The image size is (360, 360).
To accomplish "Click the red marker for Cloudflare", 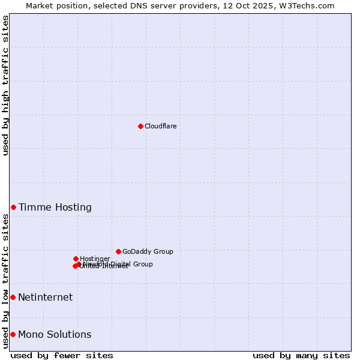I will (140, 126).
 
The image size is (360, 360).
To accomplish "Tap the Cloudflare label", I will (160, 126).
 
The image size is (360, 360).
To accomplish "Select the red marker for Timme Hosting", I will (13, 207).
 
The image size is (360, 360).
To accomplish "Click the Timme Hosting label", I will (55, 208).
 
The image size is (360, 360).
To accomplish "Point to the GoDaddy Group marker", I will (118, 251).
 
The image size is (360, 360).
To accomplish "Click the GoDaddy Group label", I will (148, 251).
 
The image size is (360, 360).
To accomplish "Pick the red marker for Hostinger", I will (76, 259).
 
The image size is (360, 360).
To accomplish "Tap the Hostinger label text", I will (95, 259).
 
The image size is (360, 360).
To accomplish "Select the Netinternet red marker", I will (13, 297).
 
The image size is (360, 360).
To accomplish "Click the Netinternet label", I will (46, 298).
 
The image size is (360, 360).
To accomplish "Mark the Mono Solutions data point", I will (13, 334).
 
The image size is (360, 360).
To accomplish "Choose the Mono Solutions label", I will (55, 335).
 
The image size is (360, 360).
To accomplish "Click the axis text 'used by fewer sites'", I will (62, 355).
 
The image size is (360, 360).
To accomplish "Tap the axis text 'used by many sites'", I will (301, 355).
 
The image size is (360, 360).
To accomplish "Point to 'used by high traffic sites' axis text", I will (6, 85).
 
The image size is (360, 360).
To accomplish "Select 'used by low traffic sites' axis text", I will (6, 281).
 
